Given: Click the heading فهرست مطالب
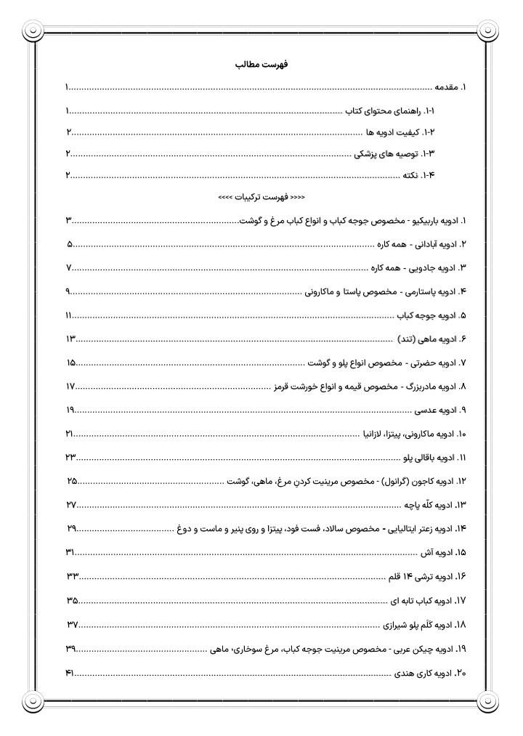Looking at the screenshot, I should [x=261, y=65].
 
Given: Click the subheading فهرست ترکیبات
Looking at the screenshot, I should [x=261, y=197].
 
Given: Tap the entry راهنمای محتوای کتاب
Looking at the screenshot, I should [x=393, y=111].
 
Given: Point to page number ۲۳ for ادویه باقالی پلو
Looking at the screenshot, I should [x=71, y=458].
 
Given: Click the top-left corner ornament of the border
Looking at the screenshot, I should [x=33, y=31].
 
